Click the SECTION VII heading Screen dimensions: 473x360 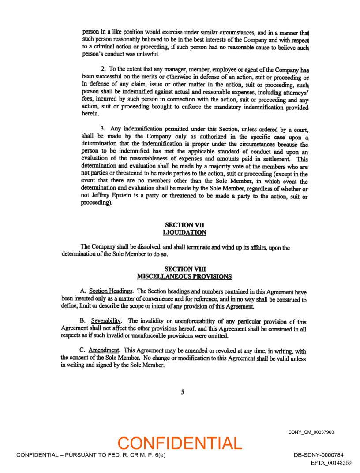point(184,225)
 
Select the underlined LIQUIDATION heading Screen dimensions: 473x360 point(184,232)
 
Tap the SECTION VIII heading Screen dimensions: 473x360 point(184,269)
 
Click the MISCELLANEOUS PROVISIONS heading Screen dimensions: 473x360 point(184,276)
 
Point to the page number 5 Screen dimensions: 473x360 point(183,392)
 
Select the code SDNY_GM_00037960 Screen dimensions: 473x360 point(311,432)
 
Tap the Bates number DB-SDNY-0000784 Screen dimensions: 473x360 point(318,455)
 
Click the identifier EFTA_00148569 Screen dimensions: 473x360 point(331,463)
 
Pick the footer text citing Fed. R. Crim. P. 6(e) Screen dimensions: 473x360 point(90,455)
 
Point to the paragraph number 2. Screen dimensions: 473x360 point(103,69)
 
